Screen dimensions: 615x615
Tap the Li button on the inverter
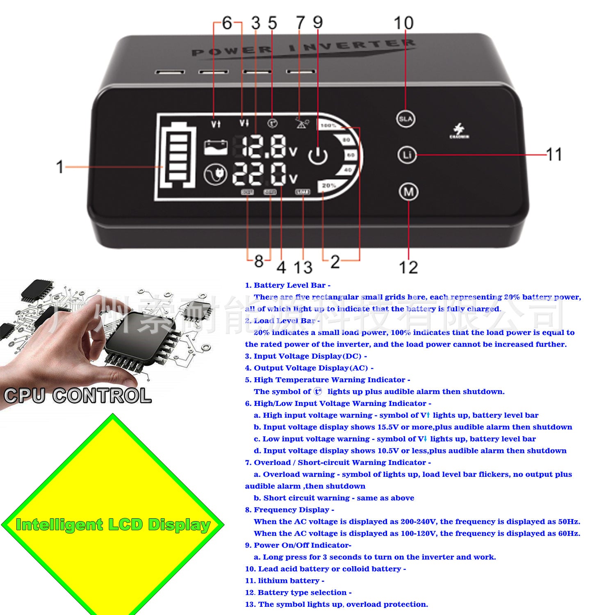407,155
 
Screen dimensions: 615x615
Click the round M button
408,192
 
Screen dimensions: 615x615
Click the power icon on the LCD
318,155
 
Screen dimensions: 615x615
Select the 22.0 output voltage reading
259,175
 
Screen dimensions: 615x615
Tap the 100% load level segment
328,125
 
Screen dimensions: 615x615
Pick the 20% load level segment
329,186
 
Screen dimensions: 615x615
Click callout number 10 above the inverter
403,23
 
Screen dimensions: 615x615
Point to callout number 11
553,155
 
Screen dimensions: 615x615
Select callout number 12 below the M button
408,267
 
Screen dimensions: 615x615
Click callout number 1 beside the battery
60,167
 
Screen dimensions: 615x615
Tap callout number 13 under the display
303,267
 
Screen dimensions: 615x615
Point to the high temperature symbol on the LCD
272,123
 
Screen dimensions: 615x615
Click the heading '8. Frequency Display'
289,510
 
